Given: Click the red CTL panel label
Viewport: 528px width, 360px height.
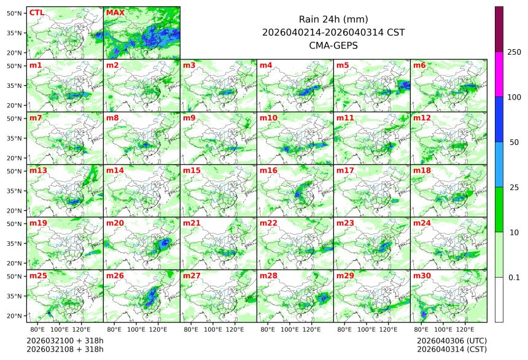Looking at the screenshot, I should [37, 12].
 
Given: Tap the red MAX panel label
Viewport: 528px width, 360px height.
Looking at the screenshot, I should [115, 12].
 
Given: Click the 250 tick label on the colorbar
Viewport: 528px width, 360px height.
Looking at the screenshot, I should [514, 52].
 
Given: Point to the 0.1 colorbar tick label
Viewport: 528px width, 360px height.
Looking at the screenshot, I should [514, 278].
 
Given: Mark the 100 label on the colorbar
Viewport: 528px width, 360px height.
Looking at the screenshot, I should [514, 97].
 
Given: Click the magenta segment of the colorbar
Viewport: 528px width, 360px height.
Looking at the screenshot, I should [499, 74].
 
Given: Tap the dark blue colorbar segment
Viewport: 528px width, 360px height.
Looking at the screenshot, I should [499, 119].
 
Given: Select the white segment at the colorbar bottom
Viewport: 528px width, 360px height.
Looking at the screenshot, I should [499, 299].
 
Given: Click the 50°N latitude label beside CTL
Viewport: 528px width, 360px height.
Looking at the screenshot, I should [14, 13].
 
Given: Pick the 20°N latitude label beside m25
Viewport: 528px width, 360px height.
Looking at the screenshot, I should [14, 316].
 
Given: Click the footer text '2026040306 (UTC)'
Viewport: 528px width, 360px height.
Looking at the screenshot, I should [452, 340].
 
